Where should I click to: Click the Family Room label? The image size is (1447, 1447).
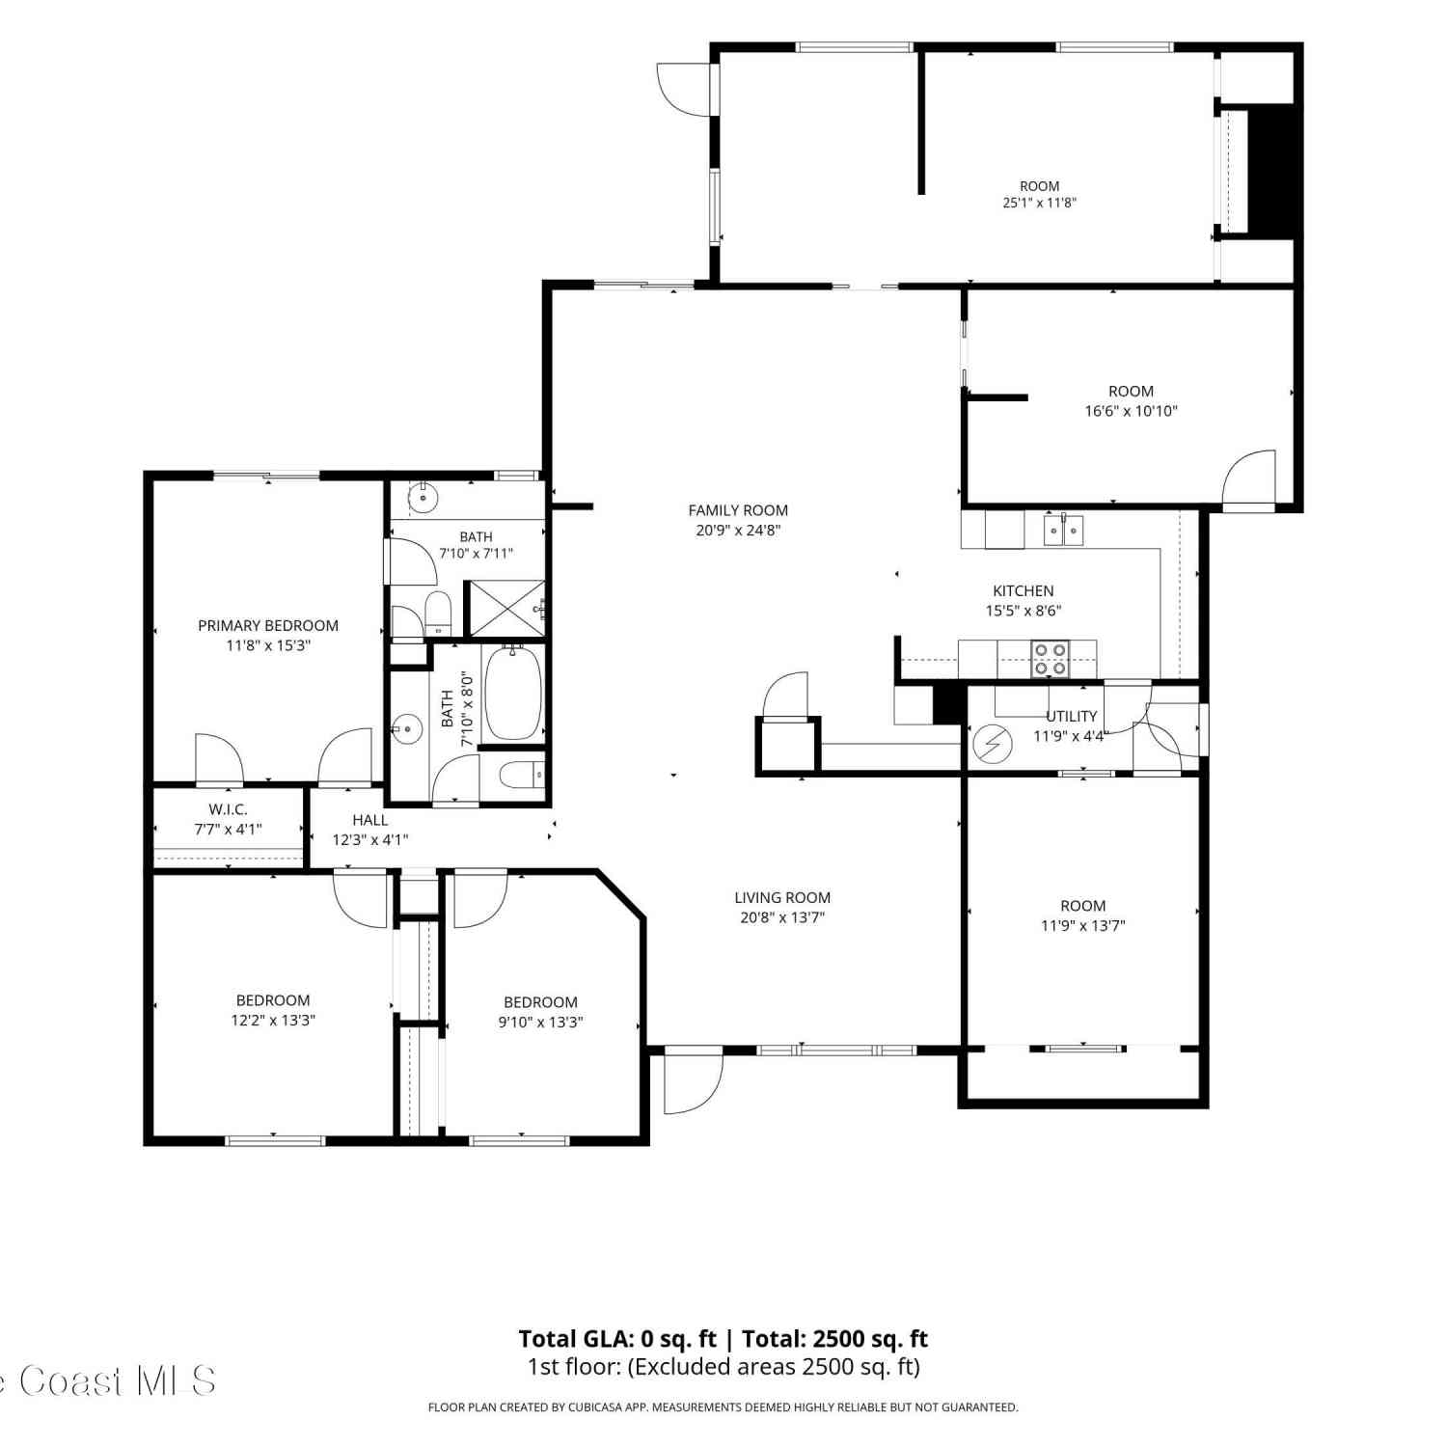tap(738, 510)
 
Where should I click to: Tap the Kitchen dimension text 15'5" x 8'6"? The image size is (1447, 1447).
tap(1024, 611)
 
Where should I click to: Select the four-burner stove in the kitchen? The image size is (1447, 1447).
tap(1051, 659)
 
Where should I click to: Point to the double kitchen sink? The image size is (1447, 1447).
tap(1063, 530)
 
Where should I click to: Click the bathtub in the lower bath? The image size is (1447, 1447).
tap(513, 693)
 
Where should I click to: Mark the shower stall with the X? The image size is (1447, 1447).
tap(505, 609)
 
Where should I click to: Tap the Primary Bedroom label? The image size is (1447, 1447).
tap(268, 625)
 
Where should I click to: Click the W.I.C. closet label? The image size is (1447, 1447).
tap(228, 809)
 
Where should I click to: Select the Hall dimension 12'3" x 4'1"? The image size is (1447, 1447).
tap(370, 839)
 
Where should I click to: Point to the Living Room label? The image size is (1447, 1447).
tap(782, 897)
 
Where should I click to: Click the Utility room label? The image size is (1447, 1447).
tap(1072, 716)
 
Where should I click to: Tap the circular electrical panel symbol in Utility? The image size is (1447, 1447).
tap(992, 743)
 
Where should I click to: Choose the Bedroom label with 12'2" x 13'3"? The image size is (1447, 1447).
tap(273, 1000)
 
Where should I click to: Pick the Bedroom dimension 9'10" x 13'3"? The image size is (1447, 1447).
tap(540, 1022)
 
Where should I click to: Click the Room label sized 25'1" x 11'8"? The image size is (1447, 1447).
tap(1039, 186)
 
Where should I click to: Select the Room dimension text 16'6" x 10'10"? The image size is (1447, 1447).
tap(1131, 411)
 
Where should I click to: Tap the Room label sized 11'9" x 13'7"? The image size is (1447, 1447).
tap(1083, 906)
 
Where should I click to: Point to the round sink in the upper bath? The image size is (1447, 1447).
tap(423, 499)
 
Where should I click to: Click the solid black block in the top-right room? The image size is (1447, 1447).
tap(1270, 169)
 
